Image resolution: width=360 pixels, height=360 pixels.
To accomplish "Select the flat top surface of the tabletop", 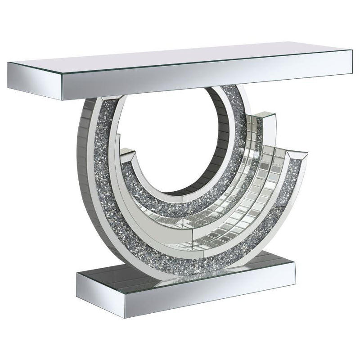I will (180, 61).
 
